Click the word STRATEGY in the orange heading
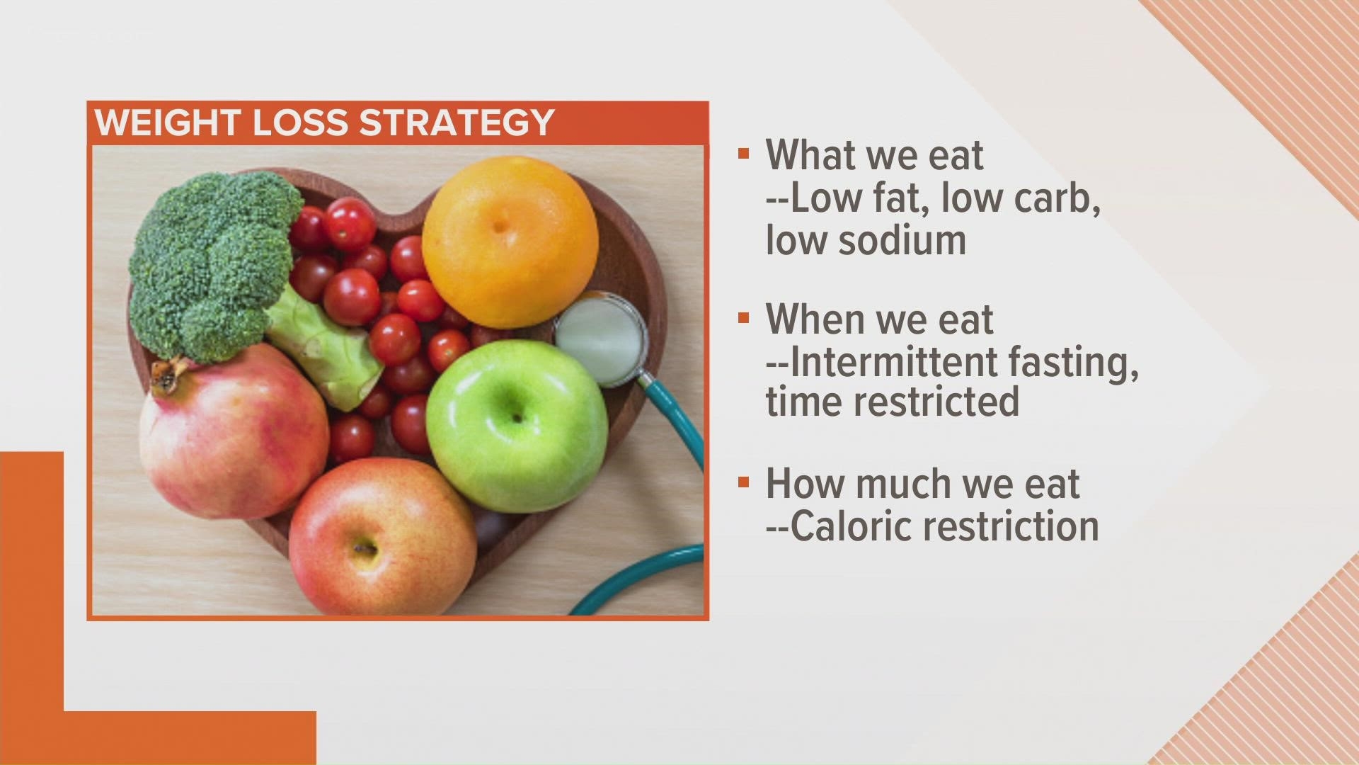pos(456,123)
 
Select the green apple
pos(517,425)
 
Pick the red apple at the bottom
pos(382,538)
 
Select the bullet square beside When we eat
pos(742,318)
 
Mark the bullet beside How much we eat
pos(742,482)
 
